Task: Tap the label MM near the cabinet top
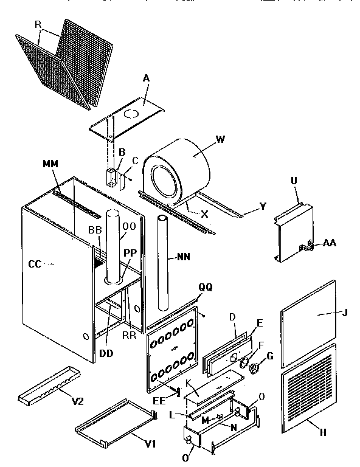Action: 51,164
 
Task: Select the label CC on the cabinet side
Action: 35,265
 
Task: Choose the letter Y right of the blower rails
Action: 263,206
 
